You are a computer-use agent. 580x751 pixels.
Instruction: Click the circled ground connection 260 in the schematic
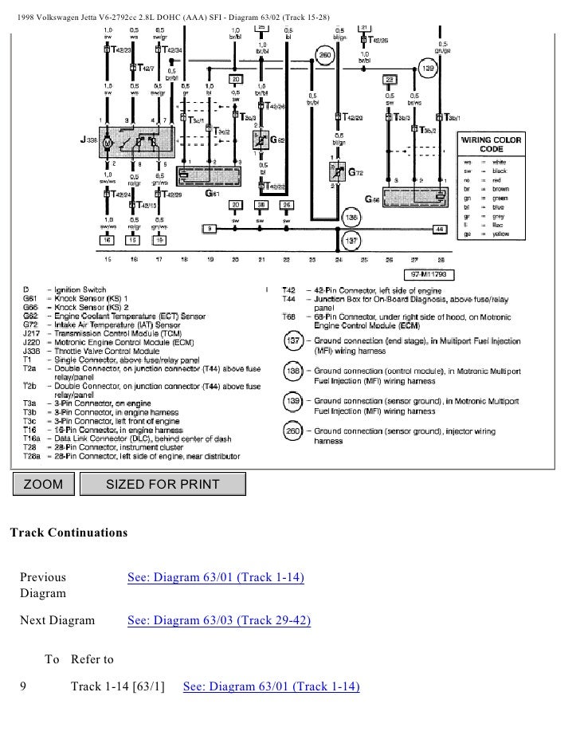[x=325, y=55]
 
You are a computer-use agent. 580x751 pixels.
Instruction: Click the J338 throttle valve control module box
[x=139, y=142]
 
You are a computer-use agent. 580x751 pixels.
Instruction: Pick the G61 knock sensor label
[x=212, y=194]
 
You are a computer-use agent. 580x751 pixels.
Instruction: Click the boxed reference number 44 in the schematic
[x=438, y=230]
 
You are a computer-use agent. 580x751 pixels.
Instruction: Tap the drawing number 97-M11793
[x=429, y=273]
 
